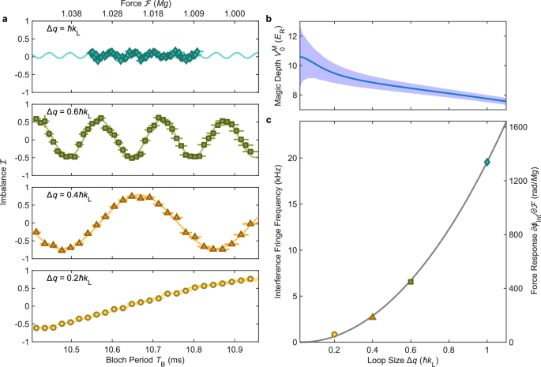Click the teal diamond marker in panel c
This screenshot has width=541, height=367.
tap(487, 163)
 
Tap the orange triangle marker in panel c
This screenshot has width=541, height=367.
tap(373, 316)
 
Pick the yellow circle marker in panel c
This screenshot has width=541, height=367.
tap(334, 335)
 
